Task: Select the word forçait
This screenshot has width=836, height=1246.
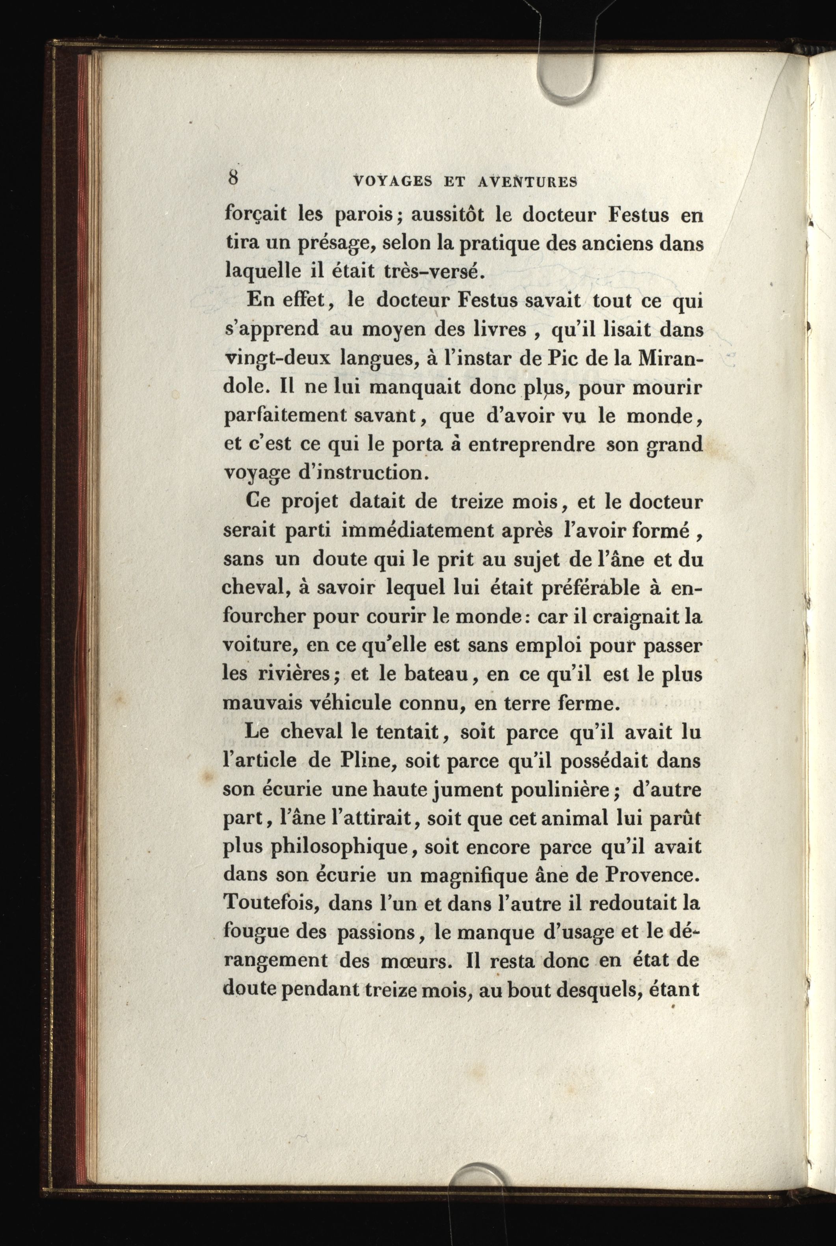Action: [x=255, y=215]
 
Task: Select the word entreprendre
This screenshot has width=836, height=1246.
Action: [x=531, y=444]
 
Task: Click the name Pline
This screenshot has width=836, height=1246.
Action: [x=366, y=761]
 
